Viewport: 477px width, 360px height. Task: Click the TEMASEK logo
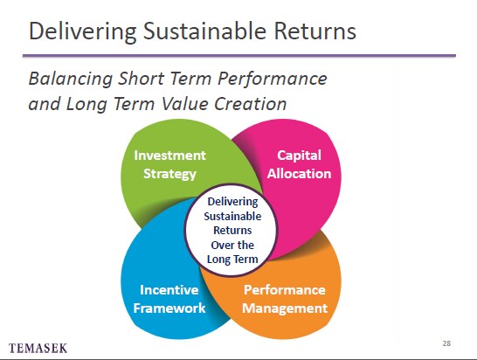point(38,348)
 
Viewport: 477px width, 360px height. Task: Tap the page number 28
point(446,343)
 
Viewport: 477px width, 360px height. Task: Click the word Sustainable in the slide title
point(204,31)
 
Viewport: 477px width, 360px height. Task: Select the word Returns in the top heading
point(315,31)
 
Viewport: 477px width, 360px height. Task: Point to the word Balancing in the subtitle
point(71,80)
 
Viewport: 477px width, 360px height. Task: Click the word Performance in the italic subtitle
point(273,79)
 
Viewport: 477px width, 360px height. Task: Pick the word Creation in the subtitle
point(251,103)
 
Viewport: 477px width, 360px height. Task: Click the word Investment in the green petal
point(169,156)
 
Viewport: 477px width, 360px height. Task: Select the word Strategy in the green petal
point(169,174)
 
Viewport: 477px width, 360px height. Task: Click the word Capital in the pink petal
point(299,156)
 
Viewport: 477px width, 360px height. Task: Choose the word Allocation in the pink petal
point(299,174)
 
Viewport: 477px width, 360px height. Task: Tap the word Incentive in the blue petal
point(169,290)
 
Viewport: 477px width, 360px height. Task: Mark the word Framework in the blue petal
point(169,308)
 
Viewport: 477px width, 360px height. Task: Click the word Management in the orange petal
point(285,308)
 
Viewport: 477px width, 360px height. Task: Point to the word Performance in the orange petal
point(285,290)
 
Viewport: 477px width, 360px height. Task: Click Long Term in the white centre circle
point(232,260)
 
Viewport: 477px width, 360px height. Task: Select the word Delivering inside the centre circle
point(232,202)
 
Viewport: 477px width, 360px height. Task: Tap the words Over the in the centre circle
point(232,245)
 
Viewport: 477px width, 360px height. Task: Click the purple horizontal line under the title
point(239,56)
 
